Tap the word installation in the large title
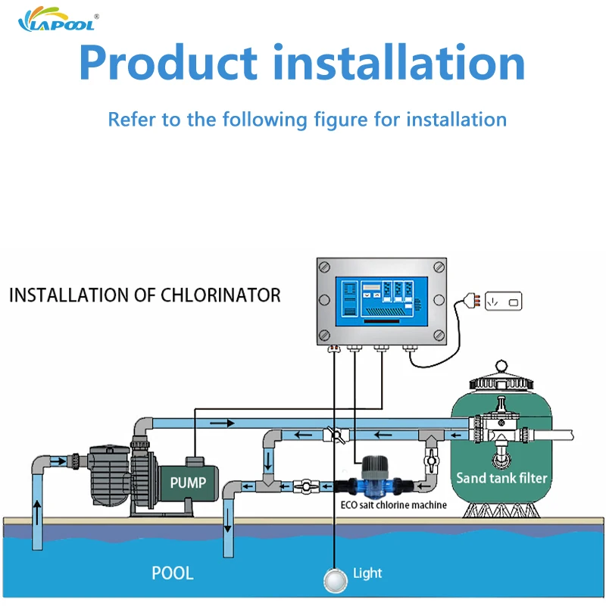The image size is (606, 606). [403, 64]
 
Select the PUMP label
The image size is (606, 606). [188, 482]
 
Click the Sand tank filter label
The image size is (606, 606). [501, 478]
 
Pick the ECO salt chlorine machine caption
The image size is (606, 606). [393, 504]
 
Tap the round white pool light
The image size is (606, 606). [333, 579]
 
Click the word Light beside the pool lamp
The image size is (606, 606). [367, 573]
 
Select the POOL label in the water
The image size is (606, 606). [173, 573]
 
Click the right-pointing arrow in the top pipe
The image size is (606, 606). [219, 423]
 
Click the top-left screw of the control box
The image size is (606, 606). [325, 268]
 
